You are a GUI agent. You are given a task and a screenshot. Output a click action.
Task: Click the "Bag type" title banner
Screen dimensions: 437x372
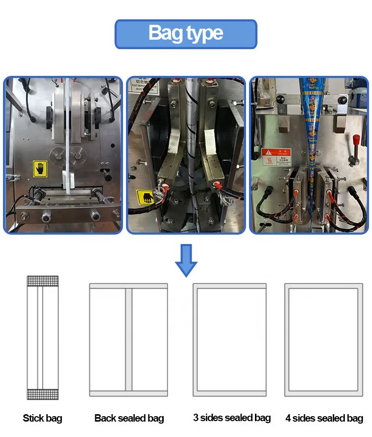186,34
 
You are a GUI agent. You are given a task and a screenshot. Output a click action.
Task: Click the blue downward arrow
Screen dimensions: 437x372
186,259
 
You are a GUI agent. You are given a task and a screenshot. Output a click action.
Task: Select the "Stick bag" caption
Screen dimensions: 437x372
43,418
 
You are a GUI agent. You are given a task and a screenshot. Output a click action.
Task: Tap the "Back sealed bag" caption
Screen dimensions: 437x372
129,418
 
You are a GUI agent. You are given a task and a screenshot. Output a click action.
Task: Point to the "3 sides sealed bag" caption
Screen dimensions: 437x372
232,418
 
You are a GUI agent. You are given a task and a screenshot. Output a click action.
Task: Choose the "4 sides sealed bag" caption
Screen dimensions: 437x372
324,418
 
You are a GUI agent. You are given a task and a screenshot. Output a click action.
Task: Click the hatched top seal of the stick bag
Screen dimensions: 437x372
43,281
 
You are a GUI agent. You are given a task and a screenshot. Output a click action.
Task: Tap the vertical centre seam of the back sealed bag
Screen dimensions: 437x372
129,340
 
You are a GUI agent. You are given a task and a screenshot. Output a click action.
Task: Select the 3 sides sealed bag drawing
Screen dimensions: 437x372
230,340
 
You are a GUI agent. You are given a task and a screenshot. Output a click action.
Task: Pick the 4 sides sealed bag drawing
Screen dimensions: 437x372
323,340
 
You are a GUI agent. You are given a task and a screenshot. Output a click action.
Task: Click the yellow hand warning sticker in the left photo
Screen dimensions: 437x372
40,169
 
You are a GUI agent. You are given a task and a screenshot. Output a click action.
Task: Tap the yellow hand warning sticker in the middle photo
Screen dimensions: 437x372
147,198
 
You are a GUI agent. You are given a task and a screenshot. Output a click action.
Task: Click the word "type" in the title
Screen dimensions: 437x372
204,34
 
